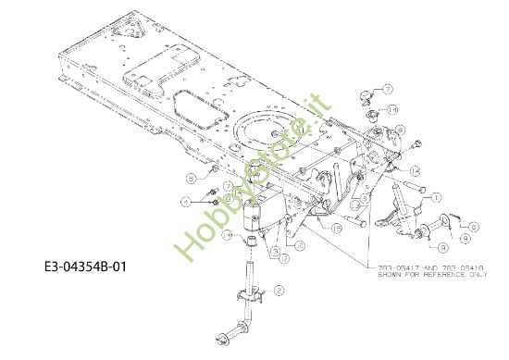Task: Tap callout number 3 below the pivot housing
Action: (x=276, y=252)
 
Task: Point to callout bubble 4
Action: (x=186, y=201)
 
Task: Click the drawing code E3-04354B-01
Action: (x=84, y=267)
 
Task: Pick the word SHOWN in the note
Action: (x=392, y=275)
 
